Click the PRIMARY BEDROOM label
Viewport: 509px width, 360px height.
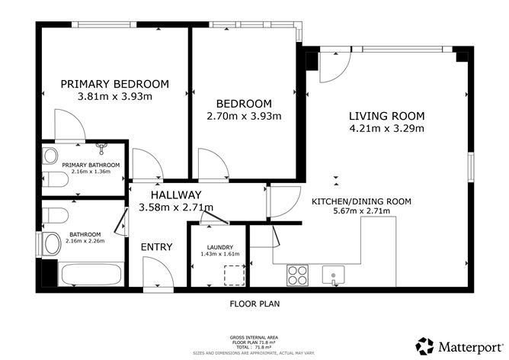(114, 84)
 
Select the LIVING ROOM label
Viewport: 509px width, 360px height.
(386, 116)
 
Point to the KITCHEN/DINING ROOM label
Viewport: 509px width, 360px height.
(361, 202)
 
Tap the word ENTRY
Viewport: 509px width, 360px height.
(155, 246)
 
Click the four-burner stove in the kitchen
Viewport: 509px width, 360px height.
(298, 275)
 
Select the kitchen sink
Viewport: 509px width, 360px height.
(333, 274)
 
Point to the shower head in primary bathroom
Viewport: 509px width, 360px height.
(101, 146)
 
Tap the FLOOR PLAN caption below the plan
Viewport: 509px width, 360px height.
(254, 303)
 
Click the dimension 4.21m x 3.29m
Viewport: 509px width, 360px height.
(386, 128)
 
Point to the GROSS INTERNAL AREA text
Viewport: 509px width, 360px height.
(254, 336)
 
